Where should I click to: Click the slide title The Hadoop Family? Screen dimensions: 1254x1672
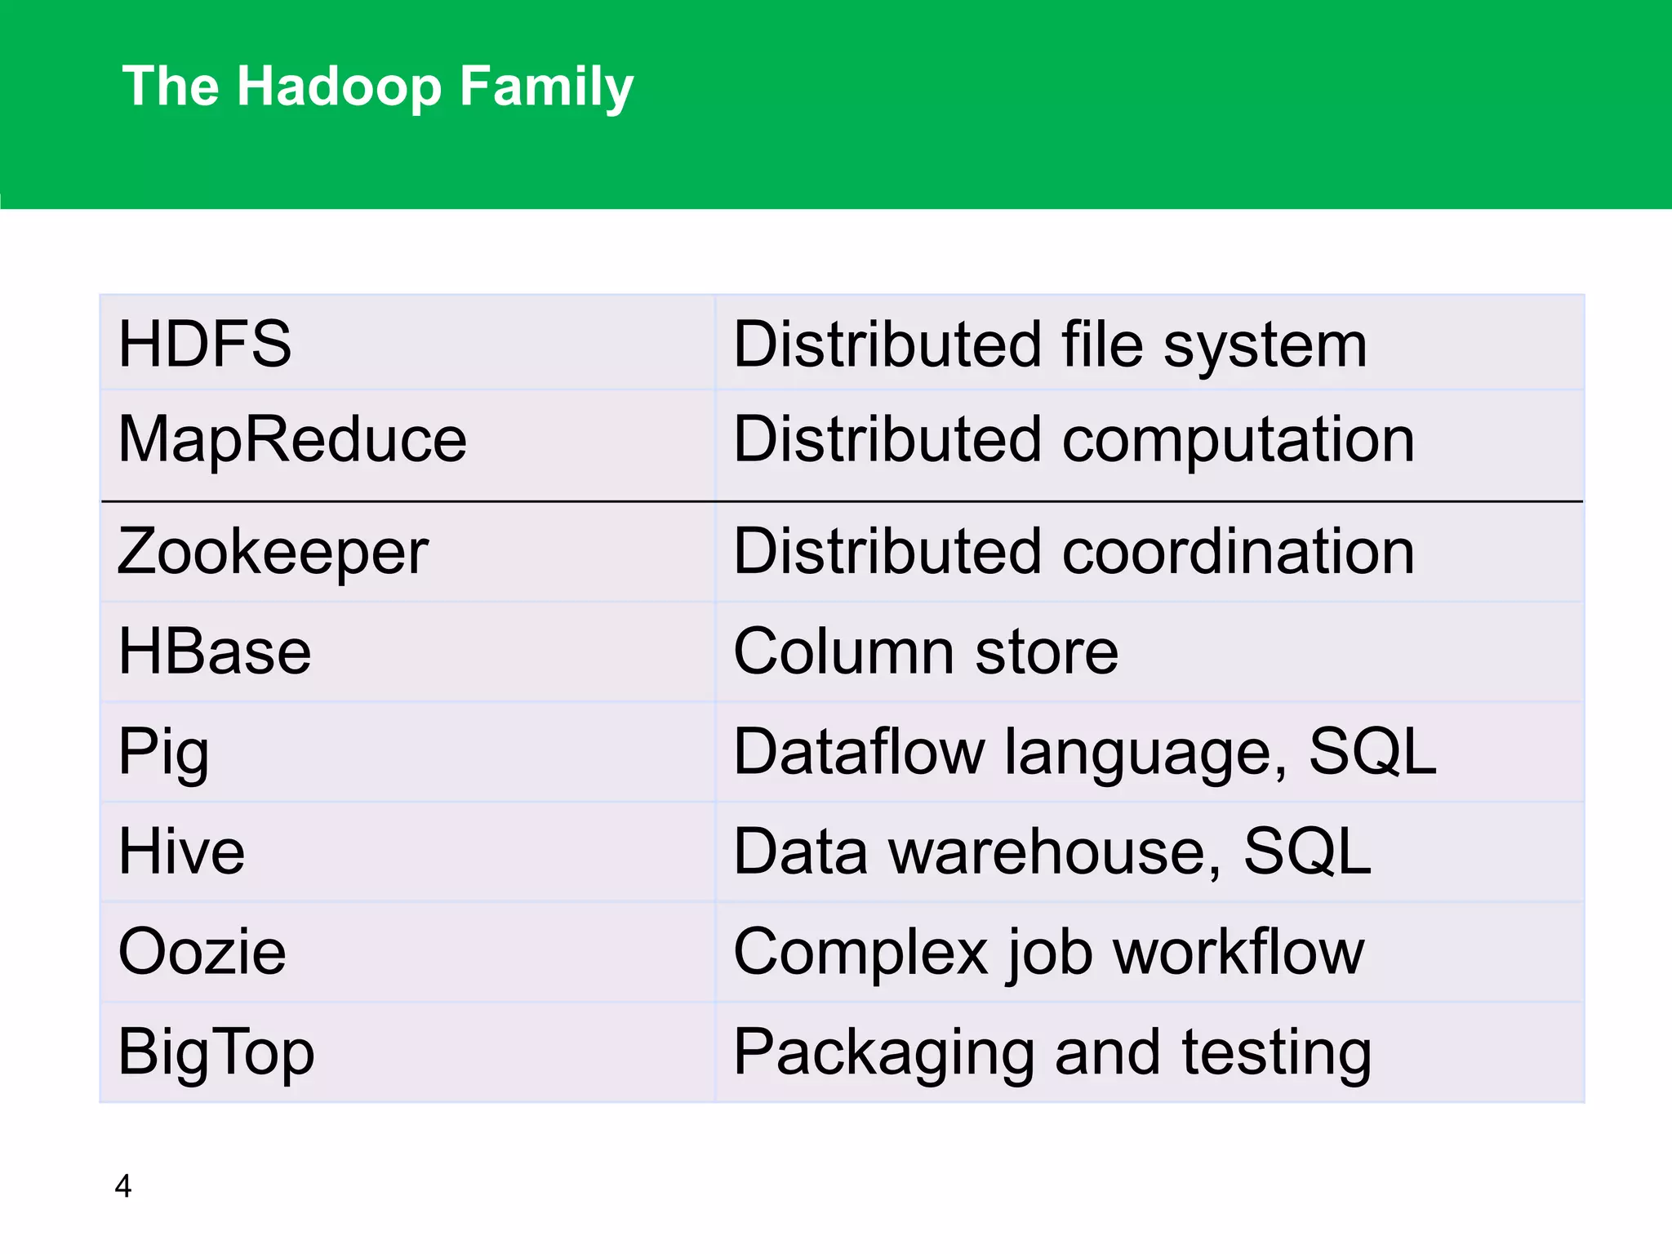377,87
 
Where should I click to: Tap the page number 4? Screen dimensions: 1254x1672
123,1185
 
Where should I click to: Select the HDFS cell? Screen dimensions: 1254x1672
205,344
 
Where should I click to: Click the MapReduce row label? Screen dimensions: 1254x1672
292,439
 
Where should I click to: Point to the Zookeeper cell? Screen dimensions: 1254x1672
273,552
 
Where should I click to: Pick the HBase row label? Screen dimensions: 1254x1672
215,651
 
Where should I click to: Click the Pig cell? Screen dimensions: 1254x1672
163,752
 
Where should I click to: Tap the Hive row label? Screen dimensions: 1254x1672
181,852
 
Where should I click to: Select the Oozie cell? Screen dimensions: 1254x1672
202,952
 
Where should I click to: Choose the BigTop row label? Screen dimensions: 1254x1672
216,1052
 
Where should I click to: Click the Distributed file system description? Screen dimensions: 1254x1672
1050,344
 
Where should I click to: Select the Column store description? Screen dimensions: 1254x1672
926,651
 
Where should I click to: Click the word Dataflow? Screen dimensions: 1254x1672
859,752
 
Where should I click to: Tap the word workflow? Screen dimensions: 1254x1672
1238,952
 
